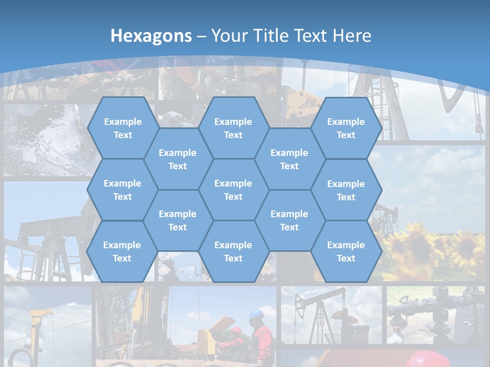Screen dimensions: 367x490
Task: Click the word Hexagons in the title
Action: point(151,36)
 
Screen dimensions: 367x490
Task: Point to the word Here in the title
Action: point(352,36)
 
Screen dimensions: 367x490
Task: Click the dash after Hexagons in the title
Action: point(202,36)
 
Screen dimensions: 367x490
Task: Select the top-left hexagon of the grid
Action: point(122,128)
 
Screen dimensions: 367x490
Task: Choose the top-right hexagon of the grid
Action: point(346,128)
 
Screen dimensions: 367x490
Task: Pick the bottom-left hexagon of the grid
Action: point(122,251)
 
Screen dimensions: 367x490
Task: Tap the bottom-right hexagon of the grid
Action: point(346,251)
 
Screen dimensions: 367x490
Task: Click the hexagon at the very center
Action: point(233,190)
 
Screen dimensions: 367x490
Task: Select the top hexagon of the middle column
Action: point(233,128)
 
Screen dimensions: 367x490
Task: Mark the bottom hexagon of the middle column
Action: point(233,251)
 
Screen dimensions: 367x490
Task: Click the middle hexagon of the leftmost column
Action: point(122,190)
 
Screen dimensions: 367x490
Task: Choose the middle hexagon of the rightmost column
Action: point(346,190)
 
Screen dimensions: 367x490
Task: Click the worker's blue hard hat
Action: point(256,313)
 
